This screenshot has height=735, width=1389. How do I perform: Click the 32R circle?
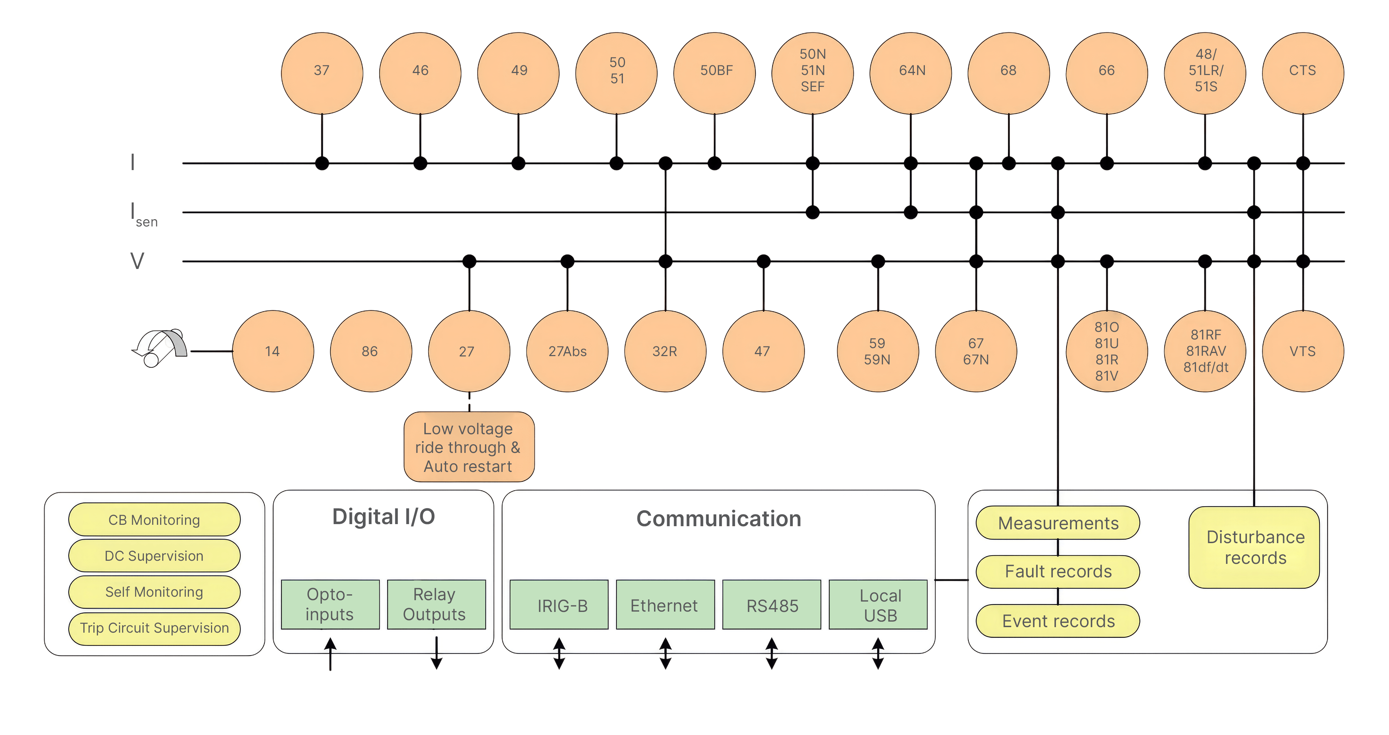[665, 351]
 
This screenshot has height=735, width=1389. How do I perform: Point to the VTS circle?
[1303, 351]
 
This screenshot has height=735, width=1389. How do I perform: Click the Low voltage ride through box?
[469, 447]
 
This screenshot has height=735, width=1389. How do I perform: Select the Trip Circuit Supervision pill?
[154, 628]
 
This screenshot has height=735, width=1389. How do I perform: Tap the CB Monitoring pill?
[154, 520]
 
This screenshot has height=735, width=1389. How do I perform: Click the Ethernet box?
[665, 605]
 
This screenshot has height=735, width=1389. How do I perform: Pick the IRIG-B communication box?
[559, 605]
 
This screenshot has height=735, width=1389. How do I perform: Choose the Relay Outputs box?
[436, 605]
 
